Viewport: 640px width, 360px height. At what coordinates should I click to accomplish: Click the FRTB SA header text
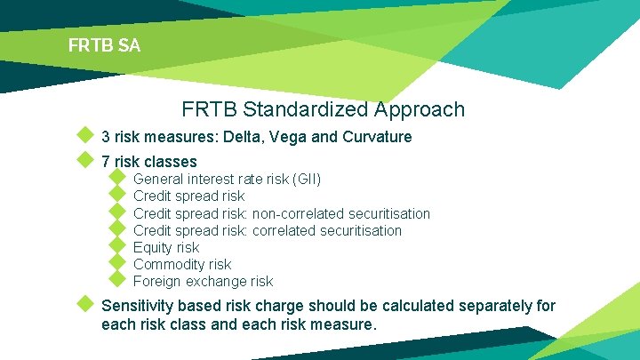pyautogui.click(x=104, y=45)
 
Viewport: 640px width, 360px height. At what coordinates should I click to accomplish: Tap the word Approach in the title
pyautogui.click(x=420, y=110)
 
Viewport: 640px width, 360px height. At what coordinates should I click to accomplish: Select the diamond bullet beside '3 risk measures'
pyautogui.click(x=84, y=136)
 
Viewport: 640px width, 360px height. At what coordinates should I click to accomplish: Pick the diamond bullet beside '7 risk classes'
pyautogui.click(x=84, y=160)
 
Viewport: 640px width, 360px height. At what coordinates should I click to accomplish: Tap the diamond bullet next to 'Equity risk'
pyautogui.click(x=116, y=246)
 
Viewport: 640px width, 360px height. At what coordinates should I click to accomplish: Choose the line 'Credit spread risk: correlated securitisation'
pyautogui.click(x=267, y=230)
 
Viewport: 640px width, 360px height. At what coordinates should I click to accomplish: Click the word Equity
pyautogui.click(x=153, y=247)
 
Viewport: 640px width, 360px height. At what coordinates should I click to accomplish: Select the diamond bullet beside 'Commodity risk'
pyautogui.click(x=116, y=263)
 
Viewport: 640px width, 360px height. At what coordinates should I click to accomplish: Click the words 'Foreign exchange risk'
pyautogui.click(x=203, y=281)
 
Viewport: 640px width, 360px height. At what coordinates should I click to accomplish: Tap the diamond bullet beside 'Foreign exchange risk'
pyautogui.click(x=116, y=280)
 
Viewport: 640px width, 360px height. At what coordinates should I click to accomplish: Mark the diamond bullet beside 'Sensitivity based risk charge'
pyautogui.click(x=84, y=304)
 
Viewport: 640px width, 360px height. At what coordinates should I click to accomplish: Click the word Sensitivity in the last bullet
pyautogui.click(x=142, y=306)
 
